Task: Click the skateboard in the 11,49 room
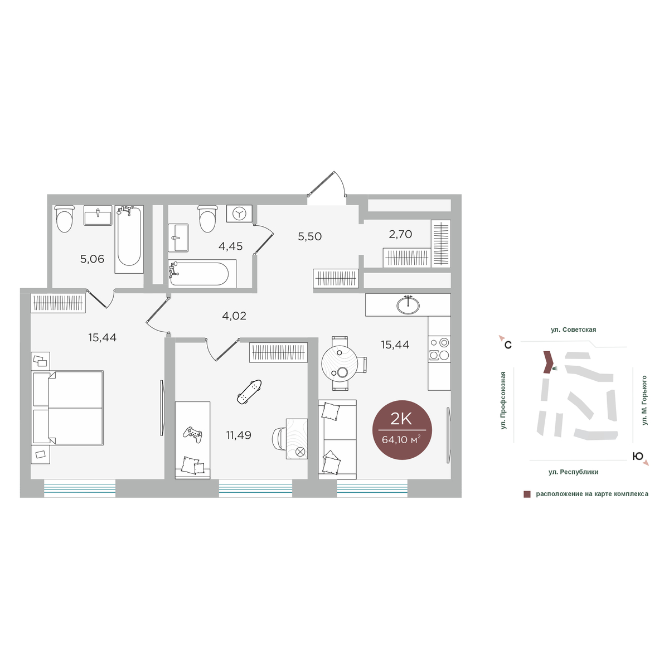(x=249, y=392)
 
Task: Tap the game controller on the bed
(x=192, y=434)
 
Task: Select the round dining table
(x=340, y=363)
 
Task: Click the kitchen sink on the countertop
(x=408, y=304)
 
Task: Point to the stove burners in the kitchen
(x=439, y=349)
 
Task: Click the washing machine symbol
(x=239, y=213)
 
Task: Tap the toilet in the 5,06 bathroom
(x=65, y=219)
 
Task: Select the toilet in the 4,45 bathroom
(x=208, y=219)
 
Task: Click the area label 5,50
(x=309, y=236)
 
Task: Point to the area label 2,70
(x=400, y=234)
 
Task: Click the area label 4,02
(x=234, y=316)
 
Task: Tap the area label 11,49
(x=239, y=435)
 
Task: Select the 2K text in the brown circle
(x=401, y=419)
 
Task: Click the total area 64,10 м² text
(x=401, y=440)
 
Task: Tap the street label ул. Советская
(x=573, y=330)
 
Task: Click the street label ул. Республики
(x=573, y=472)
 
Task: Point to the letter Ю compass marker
(x=638, y=457)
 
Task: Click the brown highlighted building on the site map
(x=548, y=362)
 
